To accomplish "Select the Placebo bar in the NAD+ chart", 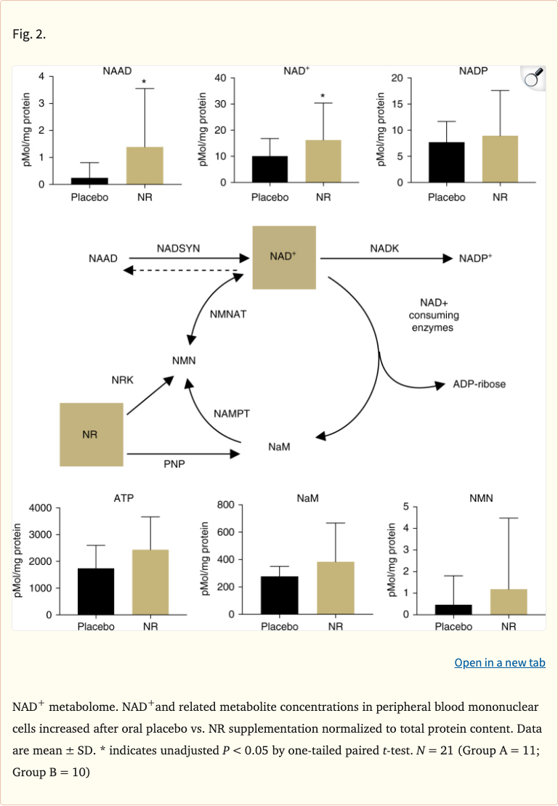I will pos(270,169).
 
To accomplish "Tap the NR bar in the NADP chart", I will pos(499,159).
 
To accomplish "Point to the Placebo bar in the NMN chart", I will pos(453,610).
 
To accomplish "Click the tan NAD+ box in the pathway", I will pos(283,256).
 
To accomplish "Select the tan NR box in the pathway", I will pos(90,434).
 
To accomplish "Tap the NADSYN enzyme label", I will pos(178,248).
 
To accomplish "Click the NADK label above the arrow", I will pos(384,248).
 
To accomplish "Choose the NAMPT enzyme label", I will pos(232,413).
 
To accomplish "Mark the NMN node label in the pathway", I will pos(184,360).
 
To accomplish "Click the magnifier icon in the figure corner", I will pos(533,78).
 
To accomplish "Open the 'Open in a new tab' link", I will pos(499,662).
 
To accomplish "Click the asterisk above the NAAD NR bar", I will pos(145,82).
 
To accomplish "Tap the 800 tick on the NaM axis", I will pos(225,505).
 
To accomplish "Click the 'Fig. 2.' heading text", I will pos(29,34).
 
